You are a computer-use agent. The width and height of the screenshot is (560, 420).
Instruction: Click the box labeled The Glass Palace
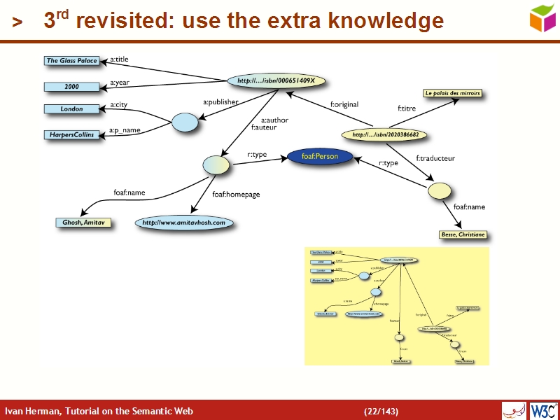[71, 61]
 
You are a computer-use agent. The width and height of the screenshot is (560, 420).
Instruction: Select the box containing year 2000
[71, 87]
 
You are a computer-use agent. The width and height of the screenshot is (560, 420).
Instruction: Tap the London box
[71, 109]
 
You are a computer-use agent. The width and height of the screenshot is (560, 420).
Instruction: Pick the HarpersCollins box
[71, 134]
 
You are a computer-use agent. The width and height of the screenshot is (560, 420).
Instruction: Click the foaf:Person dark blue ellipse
[320, 157]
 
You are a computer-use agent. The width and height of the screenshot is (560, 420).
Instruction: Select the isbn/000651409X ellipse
[276, 81]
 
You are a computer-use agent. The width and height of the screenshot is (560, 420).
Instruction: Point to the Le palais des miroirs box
[452, 93]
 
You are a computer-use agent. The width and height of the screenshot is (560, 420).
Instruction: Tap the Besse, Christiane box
[463, 234]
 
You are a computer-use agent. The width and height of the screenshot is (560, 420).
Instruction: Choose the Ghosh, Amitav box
[83, 223]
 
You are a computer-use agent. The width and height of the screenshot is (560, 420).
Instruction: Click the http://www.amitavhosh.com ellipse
[184, 223]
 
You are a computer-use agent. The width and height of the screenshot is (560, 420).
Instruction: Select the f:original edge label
[344, 105]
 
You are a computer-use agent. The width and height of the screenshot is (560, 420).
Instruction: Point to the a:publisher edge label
[220, 102]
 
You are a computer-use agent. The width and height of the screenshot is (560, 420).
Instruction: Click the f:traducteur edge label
[435, 158]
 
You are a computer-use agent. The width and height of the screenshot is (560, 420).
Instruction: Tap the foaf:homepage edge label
[236, 195]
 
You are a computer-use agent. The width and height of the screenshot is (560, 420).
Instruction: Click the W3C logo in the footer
[543, 410]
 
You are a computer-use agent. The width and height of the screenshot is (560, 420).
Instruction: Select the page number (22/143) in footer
[381, 411]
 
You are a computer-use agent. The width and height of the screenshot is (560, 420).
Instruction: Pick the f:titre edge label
[407, 108]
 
